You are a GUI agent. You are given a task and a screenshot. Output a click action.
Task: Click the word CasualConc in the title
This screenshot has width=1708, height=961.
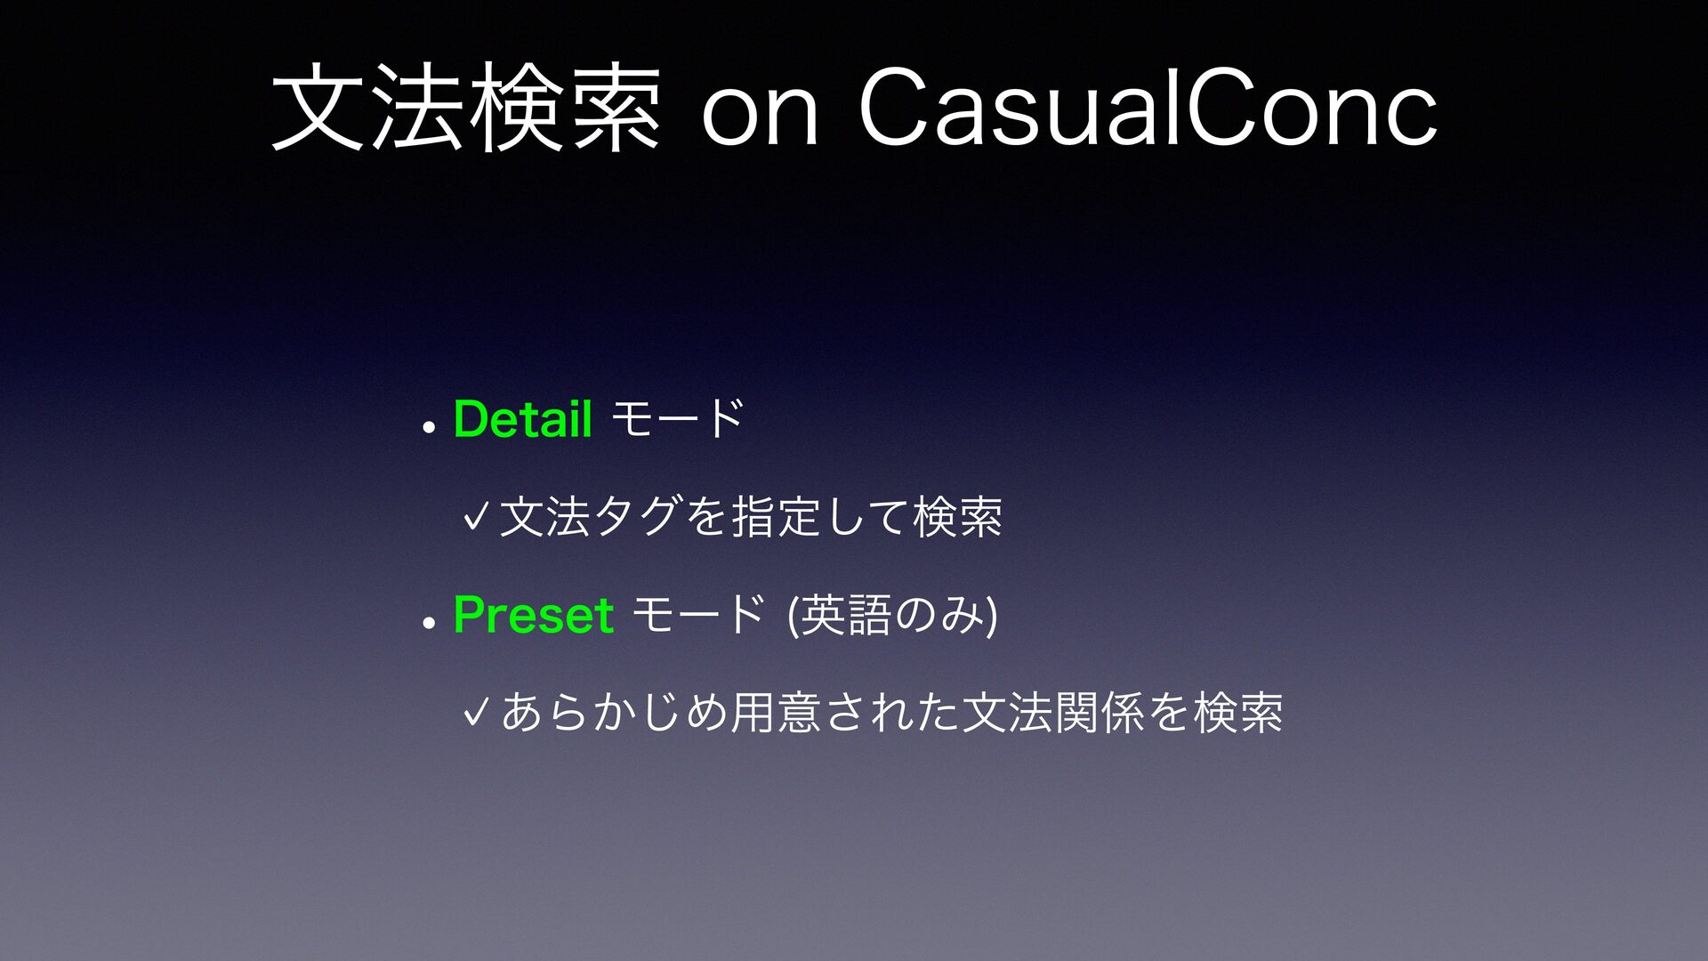pyautogui.click(x=1148, y=109)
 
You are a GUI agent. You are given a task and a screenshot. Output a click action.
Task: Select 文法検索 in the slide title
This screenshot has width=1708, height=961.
pyautogui.click(x=466, y=109)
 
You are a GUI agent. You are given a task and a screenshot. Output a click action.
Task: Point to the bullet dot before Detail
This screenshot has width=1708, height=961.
pyautogui.click(x=429, y=427)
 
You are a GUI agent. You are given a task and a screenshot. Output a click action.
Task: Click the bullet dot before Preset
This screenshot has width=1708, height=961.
pyautogui.click(x=429, y=623)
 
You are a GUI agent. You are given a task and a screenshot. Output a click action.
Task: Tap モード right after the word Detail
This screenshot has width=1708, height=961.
pyautogui.click(x=678, y=418)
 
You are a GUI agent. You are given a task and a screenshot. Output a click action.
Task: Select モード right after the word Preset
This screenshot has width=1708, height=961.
pyautogui.click(x=699, y=614)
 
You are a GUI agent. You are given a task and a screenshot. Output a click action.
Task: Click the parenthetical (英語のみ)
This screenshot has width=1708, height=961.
pyautogui.click(x=892, y=615)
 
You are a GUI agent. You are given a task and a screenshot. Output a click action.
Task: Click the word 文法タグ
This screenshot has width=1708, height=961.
pyautogui.click(x=591, y=516)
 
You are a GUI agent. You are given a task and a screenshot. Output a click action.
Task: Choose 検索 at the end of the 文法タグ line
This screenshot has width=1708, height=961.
pyautogui.click(x=958, y=516)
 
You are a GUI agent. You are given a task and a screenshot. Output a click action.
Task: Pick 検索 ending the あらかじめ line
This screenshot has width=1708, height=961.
pyautogui.click(x=1238, y=712)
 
